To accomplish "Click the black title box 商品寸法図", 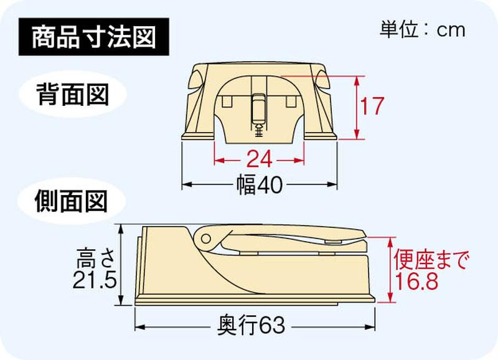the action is [94, 37].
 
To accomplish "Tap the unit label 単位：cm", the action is [423, 30].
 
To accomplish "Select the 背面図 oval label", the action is [73, 95].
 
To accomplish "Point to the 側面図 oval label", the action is [71, 201].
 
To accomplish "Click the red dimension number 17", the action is [372, 106].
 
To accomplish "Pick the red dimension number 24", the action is [259, 159].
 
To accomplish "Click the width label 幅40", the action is [260, 184].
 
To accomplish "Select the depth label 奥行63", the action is [251, 325].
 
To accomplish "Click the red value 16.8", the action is [416, 281].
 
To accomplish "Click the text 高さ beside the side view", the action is [95, 258].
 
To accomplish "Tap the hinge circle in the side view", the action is [206, 239].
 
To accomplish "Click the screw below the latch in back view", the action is [259, 130].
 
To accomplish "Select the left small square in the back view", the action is [227, 102].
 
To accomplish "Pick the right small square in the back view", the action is [291, 102].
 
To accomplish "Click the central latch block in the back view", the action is [258, 108].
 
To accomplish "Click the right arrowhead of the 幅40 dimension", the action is [332, 184].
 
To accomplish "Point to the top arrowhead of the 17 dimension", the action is [357, 82].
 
